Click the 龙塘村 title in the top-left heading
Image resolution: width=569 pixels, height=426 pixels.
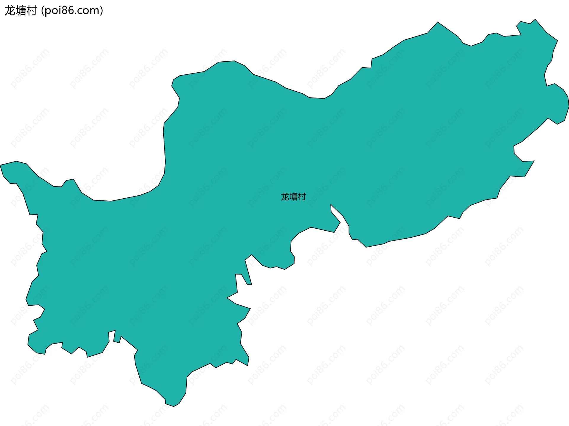point(20,11)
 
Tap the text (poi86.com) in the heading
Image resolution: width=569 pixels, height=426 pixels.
point(72,11)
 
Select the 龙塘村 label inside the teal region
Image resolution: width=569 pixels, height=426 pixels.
point(293,197)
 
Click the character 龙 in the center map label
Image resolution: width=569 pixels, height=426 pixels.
point(285,197)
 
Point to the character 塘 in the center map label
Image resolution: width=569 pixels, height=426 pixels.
point(293,197)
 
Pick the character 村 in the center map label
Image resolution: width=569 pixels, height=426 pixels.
point(302,197)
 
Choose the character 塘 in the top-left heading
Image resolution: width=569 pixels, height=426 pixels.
point(20,11)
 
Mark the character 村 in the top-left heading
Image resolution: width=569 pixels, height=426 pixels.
point(31,11)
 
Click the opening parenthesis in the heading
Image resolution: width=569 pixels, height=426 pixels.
point(43,11)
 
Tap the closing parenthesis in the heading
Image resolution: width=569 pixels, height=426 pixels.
point(102,11)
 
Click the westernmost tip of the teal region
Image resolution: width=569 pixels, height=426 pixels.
point(1,165)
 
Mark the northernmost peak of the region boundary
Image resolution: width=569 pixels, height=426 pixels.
point(535,20)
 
